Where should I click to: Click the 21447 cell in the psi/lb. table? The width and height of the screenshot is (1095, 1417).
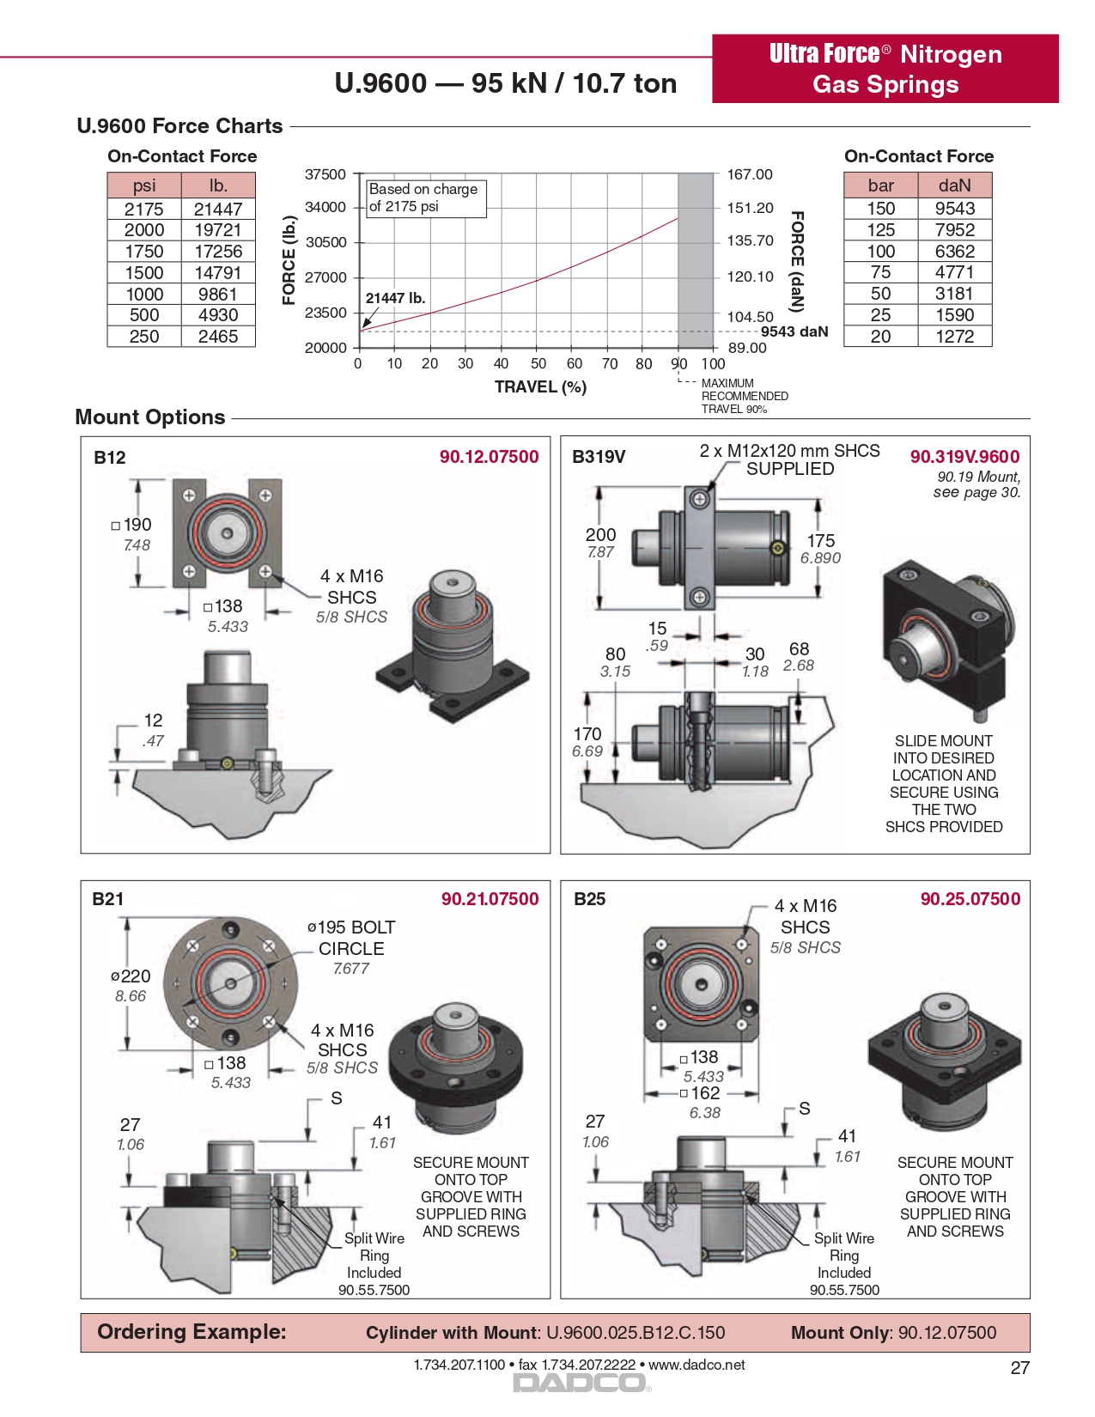pos(218,209)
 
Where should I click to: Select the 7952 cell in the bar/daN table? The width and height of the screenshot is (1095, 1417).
pos(954,230)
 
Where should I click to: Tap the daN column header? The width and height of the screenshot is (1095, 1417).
pos(954,185)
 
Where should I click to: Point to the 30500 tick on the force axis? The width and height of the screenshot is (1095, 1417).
pos(326,242)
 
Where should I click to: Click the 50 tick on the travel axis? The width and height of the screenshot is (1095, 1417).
pos(538,364)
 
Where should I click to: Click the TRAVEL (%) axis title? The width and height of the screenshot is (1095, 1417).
pos(540,387)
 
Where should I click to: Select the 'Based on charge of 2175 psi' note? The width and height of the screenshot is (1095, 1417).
pos(425,198)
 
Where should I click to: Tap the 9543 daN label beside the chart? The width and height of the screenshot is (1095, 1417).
pos(794,331)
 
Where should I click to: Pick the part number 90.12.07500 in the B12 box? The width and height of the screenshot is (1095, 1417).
pos(489,457)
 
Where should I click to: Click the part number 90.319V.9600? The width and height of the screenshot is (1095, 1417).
pos(964,457)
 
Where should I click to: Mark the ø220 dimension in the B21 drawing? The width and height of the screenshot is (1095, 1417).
pos(131,976)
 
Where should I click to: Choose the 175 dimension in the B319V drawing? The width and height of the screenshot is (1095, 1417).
pos(820,541)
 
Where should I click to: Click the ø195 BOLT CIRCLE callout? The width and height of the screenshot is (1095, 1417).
pos(351,938)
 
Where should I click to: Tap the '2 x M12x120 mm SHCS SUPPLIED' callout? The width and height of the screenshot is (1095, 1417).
pos(789,459)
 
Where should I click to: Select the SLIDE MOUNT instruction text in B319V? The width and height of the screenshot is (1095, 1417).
pos(944,783)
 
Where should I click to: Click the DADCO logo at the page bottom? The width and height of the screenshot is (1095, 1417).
pos(580,1383)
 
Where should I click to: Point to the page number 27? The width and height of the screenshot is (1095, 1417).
pos(1019,1368)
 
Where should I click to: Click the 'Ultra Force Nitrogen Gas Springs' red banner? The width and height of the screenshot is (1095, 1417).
pos(885,69)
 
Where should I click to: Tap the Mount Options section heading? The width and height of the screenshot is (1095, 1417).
pos(150,417)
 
